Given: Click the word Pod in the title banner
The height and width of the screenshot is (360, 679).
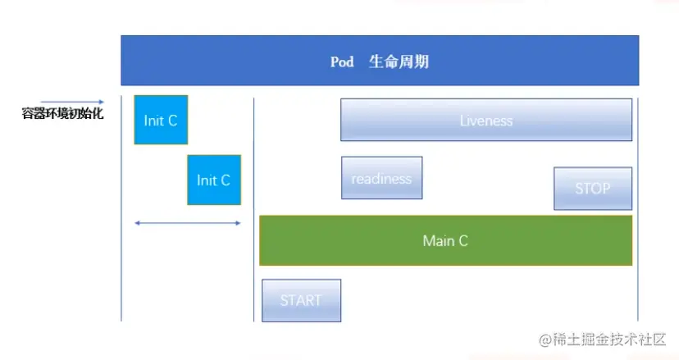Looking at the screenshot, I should [342, 62].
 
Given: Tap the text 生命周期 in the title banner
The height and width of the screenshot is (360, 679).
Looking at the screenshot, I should [399, 62].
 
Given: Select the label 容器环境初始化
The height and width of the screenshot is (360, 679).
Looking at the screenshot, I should [62, 114].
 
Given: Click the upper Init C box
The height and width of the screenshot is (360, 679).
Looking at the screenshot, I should [161, 121].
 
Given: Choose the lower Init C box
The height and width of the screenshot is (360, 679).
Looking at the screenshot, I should [214, 180].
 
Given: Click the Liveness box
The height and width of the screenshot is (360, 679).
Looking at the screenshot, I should [486, 121].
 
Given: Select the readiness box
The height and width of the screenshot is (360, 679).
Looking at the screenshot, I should [381, 178].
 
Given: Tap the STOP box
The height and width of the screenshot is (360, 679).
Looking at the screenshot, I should [592, 189].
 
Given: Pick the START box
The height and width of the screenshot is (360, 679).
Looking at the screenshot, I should [301, 300].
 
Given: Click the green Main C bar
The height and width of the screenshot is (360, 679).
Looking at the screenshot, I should [445, 240].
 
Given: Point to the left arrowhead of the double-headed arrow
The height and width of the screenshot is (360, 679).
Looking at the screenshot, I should [137, 222].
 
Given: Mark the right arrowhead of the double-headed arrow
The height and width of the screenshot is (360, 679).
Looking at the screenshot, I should [239, 222].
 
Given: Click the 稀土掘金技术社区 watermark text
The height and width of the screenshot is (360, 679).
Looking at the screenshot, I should [612, 339].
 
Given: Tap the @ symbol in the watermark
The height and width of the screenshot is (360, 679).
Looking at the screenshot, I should [545, 339].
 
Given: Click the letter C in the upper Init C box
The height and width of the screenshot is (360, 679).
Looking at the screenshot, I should [172, 121].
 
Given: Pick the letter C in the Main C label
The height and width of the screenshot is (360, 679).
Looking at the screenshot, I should [463, 240].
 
